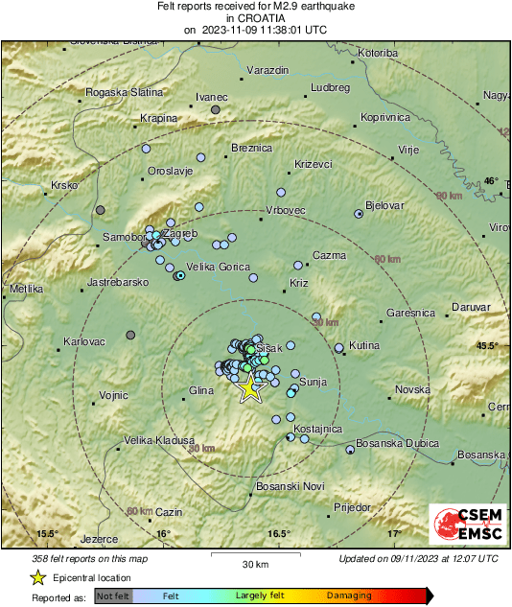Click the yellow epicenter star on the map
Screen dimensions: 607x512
click(x=250, y=388)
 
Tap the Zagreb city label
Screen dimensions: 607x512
click(x=181, y=233)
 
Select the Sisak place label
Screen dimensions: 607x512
click(x=269, y=347)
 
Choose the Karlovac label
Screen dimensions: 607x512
click(x=83, y=342)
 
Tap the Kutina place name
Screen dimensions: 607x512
click(x=363, y=345)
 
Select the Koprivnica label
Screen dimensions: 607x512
click(x=384, y=117)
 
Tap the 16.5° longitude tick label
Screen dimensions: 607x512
click(x=278, y=534)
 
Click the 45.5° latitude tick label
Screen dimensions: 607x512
click(x=488, y=345)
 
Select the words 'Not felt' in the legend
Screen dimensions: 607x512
click(x=114, y=595)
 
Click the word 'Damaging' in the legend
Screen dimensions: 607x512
click(x=349, y=595)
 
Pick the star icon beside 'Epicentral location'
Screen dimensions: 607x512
click(x=37, y=577)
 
